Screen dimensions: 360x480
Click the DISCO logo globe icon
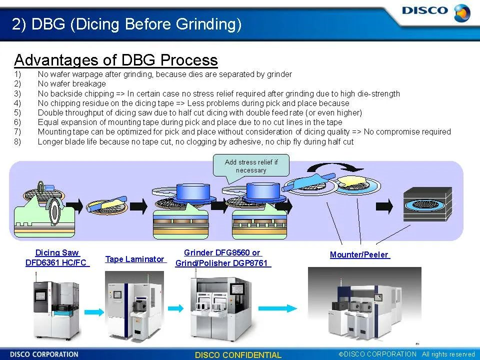coord(462,12)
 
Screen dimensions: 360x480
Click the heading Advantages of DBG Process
coord(116,60)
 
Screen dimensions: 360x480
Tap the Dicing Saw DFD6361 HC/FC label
coord(57,257)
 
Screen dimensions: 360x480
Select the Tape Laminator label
coord(135,259)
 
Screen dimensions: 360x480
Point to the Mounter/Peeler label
coord(359,254)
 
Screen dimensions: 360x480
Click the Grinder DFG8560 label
coord(222,253)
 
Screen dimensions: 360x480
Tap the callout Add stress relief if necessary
coord(251,166)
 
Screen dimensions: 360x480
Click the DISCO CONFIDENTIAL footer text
coord(238,355)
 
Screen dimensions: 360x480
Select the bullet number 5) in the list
coord(17,112)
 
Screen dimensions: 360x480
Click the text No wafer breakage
coord(71,83)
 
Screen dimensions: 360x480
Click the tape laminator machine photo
coord(134,305)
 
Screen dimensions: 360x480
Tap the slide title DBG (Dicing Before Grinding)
coord(126,24)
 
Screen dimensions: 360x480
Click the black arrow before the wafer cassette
coord(384,205)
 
